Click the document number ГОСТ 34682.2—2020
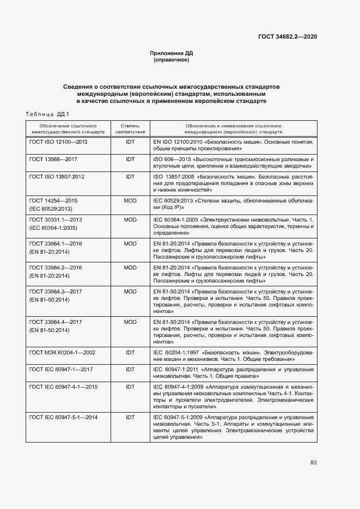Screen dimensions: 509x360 pos(288,36)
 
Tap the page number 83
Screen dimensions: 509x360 pos(313,462)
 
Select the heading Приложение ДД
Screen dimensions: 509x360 pos(172,53)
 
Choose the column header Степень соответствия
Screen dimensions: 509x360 pos(130,128)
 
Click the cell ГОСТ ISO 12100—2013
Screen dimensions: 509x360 pos(58,142)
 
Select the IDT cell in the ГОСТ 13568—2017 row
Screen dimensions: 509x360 pos(130,159)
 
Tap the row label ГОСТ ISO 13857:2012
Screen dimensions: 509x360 pos(57,177)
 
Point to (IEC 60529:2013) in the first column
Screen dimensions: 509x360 pos(50,208)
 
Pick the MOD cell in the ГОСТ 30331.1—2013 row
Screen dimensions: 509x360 pos(130,219)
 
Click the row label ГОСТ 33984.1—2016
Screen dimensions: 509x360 pos(56,243)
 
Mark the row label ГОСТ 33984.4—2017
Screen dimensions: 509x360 pos(56,322)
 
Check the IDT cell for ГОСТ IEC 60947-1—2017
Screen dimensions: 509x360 pos(130,370)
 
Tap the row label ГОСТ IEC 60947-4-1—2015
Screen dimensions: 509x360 pos(64,387)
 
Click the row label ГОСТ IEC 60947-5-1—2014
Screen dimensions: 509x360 pos(64,417)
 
